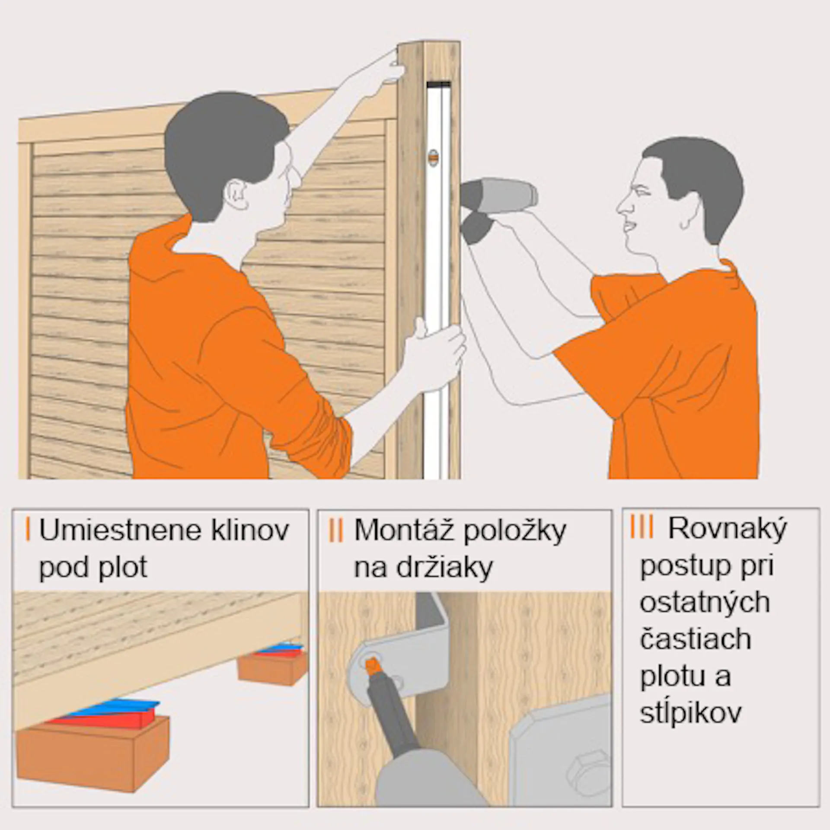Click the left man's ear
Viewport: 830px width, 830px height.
[x=237, y=195]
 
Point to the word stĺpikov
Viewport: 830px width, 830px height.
[x=690, y=713]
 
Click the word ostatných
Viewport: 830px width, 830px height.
[x=705, y=603]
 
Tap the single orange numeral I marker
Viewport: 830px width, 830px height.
[x=28, y=530]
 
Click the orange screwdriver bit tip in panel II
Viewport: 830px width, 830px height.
[x=371, y=665]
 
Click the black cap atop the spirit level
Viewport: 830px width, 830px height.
[x=439, y=84]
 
